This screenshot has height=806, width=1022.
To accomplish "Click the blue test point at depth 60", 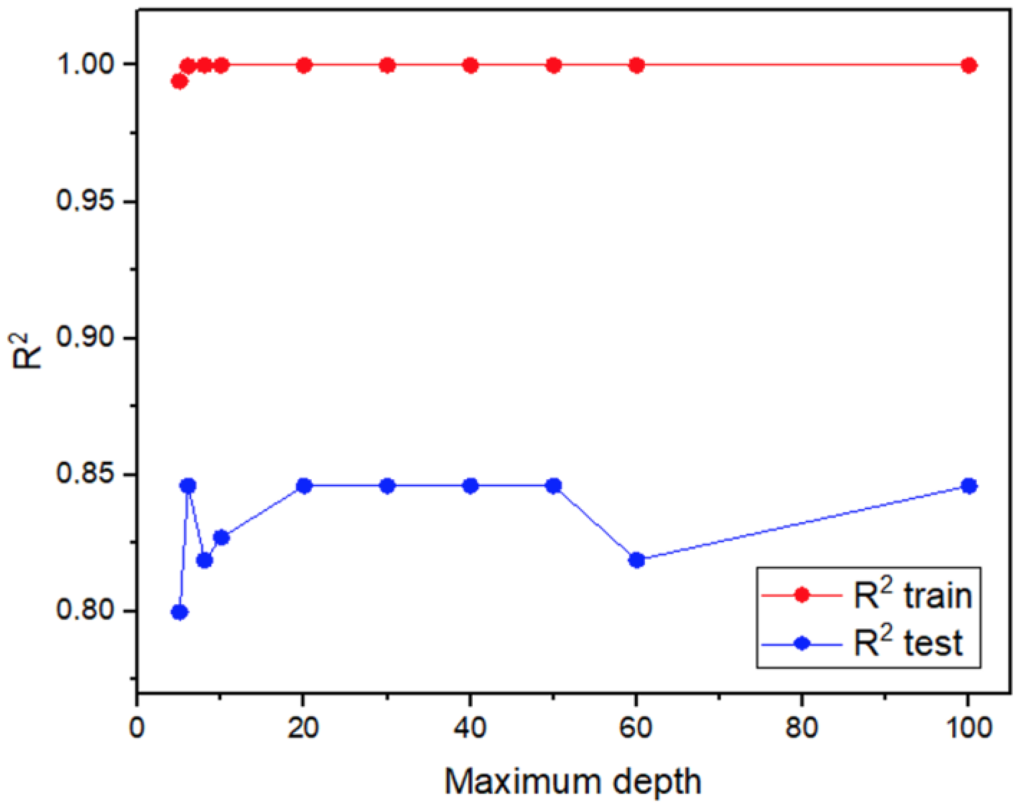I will click(x=636, y=560).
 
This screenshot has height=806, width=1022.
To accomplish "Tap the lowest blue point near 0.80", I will click(x=179, y=612).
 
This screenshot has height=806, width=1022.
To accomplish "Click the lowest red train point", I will click(x=179, y=82).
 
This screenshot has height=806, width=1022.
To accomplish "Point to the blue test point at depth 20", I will click(x=304, y=486).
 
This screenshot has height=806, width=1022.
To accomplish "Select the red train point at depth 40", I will click(x=470, y=65).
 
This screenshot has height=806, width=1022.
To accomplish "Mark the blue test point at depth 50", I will click(x=554, y=486).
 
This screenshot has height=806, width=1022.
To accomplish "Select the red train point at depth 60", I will click(x=636, y=65).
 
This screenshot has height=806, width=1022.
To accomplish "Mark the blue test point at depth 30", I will click(x=388, y=486).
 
